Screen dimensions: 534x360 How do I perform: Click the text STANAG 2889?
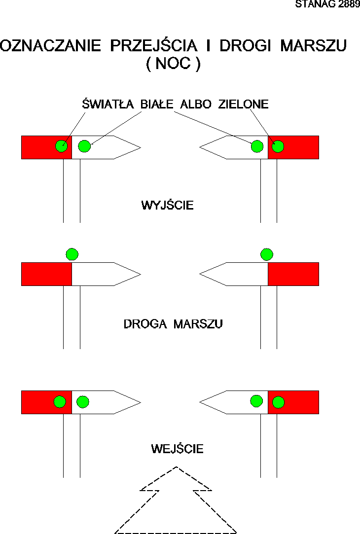click(327, 4)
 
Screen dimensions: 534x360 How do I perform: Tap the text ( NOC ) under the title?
click(173, 65)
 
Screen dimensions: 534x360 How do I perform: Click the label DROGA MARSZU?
click(173, 324)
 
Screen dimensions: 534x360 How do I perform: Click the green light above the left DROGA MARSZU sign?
click(72, 254)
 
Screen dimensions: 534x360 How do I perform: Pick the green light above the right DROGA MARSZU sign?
click(266, 254)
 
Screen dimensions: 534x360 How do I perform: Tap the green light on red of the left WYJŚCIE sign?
click(61, 146)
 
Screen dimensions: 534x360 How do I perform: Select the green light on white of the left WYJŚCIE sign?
click(85, 146)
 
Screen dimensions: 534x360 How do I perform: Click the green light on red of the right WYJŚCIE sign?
click(278, 146)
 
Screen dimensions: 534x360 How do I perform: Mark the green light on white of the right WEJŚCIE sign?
click(256, 401)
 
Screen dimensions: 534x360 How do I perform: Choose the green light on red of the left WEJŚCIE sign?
click(60, 402)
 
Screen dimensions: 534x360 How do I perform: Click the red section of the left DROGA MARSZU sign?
click(46, 274)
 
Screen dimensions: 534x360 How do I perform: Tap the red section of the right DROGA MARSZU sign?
click(293, 274)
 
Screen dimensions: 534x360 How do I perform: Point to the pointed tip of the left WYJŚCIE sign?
click(139, 147)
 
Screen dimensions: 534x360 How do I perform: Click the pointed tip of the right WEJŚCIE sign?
click(202, 402)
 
